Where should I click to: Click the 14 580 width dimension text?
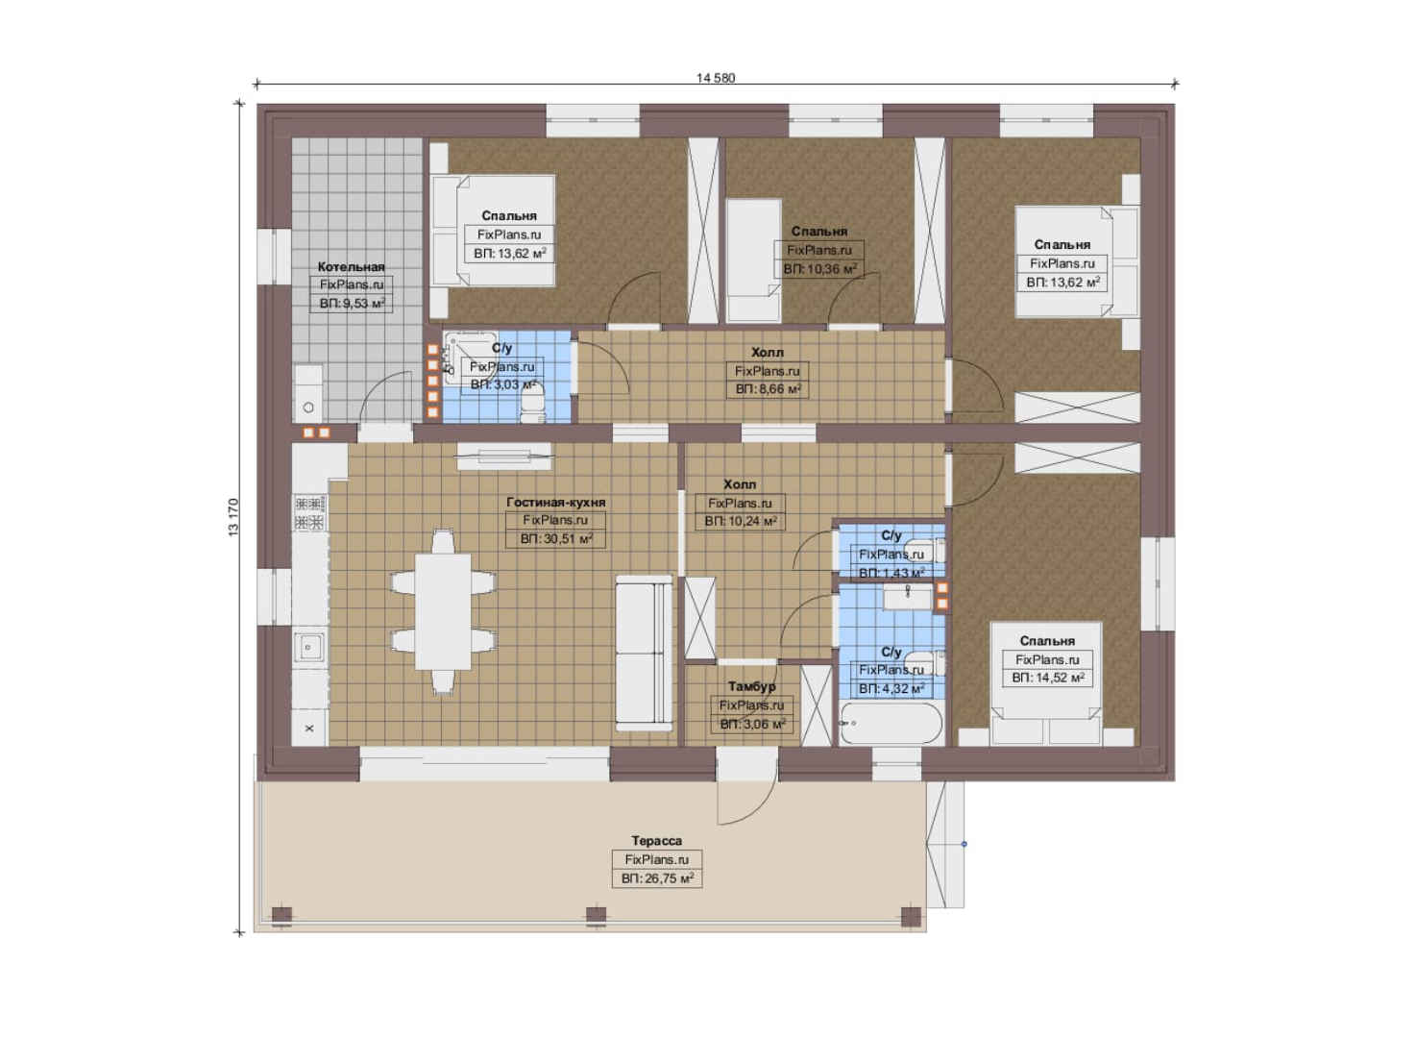pos(716,78)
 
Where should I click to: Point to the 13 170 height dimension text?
pos(233,517)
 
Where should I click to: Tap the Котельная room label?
pos(351,267)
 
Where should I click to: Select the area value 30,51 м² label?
pos(556,539)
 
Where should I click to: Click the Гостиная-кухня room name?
pos(555,503)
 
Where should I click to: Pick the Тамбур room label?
pos(751,686)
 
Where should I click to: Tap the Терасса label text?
pos(657,841)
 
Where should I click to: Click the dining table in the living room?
pos(443,611)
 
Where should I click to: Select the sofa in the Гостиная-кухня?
pos(645,653)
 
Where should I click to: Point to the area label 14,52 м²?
pos(1048,678)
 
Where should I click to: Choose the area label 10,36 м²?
pos(819,269)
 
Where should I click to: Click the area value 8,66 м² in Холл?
pos(769,389)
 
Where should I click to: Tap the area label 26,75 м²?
pos(657,878)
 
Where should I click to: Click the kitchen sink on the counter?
pos(309,647)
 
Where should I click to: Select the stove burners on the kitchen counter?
pos(309,513)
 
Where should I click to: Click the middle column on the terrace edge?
pos(597,915)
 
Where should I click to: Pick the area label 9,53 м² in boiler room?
pos(352,304)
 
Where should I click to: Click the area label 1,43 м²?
pos(891,573)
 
